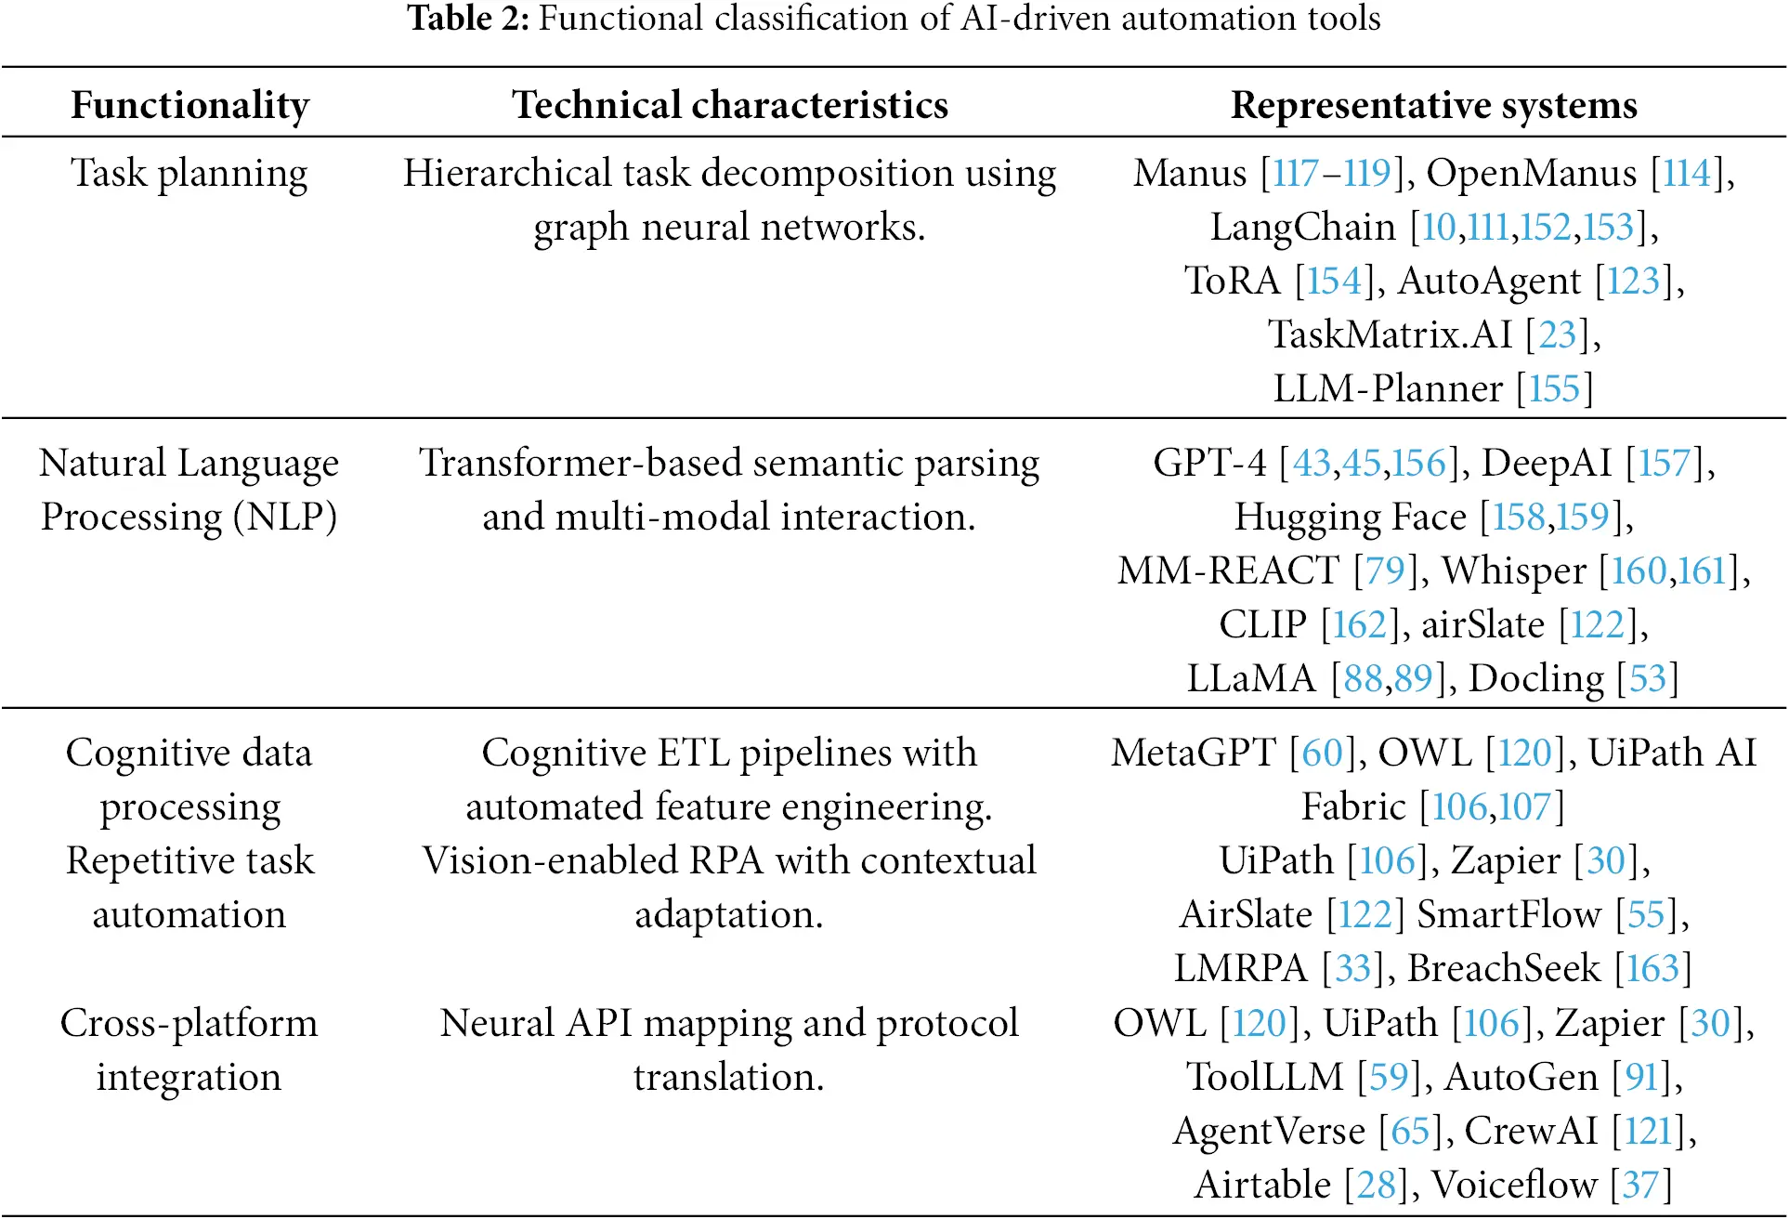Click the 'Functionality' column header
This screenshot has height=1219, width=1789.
189,105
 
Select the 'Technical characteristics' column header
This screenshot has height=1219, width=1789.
730,105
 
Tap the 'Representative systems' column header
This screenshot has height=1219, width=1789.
1433,105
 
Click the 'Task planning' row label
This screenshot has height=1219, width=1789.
189,174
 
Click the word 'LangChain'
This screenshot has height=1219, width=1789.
1302,228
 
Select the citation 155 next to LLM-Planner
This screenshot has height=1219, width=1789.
1554,389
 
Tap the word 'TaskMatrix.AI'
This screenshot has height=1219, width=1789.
1391,335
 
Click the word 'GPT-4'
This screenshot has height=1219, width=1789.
1209,464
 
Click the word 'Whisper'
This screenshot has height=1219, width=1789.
1514,571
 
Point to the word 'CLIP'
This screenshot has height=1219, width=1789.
1262,625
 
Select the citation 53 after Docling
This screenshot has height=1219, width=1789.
1648,679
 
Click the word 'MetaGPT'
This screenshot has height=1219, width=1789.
1194,754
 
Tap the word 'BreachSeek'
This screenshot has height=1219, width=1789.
1504,969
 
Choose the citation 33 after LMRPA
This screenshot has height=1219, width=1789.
1352,969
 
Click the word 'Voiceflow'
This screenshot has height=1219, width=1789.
1514,1186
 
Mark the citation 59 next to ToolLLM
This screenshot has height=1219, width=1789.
1389,1078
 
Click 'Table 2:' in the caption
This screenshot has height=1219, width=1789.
468,19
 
